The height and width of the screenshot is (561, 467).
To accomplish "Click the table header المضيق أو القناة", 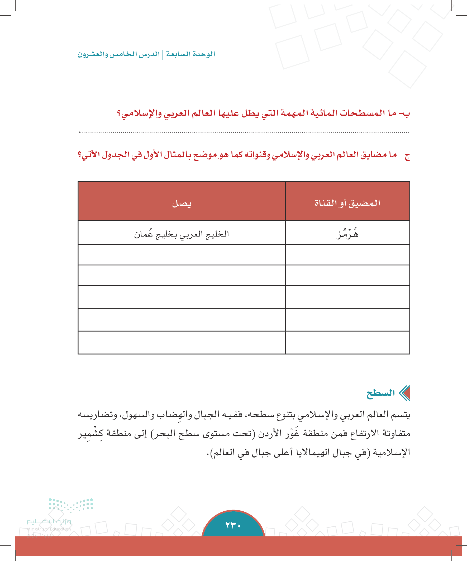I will pos(347,203).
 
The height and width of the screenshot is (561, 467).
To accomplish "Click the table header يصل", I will pos(182,204).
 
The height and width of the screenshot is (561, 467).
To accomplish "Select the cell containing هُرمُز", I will pos(347,234).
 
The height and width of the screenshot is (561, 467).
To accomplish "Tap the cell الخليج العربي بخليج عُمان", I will pos(182,234).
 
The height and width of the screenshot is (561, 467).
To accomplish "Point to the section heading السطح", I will pos(380,393).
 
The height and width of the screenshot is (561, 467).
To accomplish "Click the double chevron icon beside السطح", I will pos(404,393).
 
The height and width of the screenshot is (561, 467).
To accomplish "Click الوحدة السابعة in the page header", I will pos(191,54).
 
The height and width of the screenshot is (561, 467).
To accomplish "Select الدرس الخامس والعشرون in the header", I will pos(118,54).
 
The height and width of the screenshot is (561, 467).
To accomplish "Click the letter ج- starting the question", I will pos(406,155).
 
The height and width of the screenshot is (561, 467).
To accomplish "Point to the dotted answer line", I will pos(244,132).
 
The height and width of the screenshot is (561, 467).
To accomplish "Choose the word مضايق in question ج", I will pos(373,155).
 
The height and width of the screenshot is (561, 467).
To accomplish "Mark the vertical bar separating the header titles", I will pos(163,54).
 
